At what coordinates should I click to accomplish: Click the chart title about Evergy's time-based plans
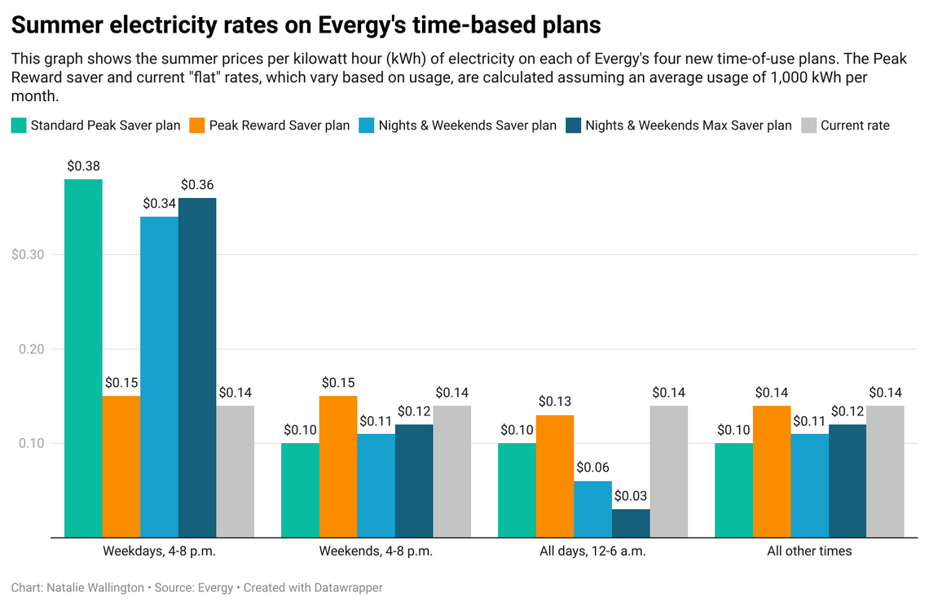click(x=306, y=25)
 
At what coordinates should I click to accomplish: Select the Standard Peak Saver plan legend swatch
click(x=19, y=125)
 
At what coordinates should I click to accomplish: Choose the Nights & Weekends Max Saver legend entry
click(x=688, y=125)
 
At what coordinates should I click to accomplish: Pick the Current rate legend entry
click(x=855, y=125)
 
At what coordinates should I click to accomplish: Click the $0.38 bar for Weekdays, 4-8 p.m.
click(x=83, y=358)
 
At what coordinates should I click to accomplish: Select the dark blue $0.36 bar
click(x=197, y=367)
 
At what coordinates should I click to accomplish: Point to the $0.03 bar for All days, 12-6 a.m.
click(x=631, y=523)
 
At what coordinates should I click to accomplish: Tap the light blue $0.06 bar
click(x=592, y=509)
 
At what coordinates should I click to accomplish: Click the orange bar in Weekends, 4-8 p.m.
click(x=337, y=467)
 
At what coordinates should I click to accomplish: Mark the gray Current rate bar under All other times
click(x=885, y=472)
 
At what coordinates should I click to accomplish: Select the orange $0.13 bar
click(x=555, y=476)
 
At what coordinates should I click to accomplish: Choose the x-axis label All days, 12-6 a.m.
click(x=592, y=551)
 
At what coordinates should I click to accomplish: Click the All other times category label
click(x=809, y=551)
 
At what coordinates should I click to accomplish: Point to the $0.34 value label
click(x=159, y=204)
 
